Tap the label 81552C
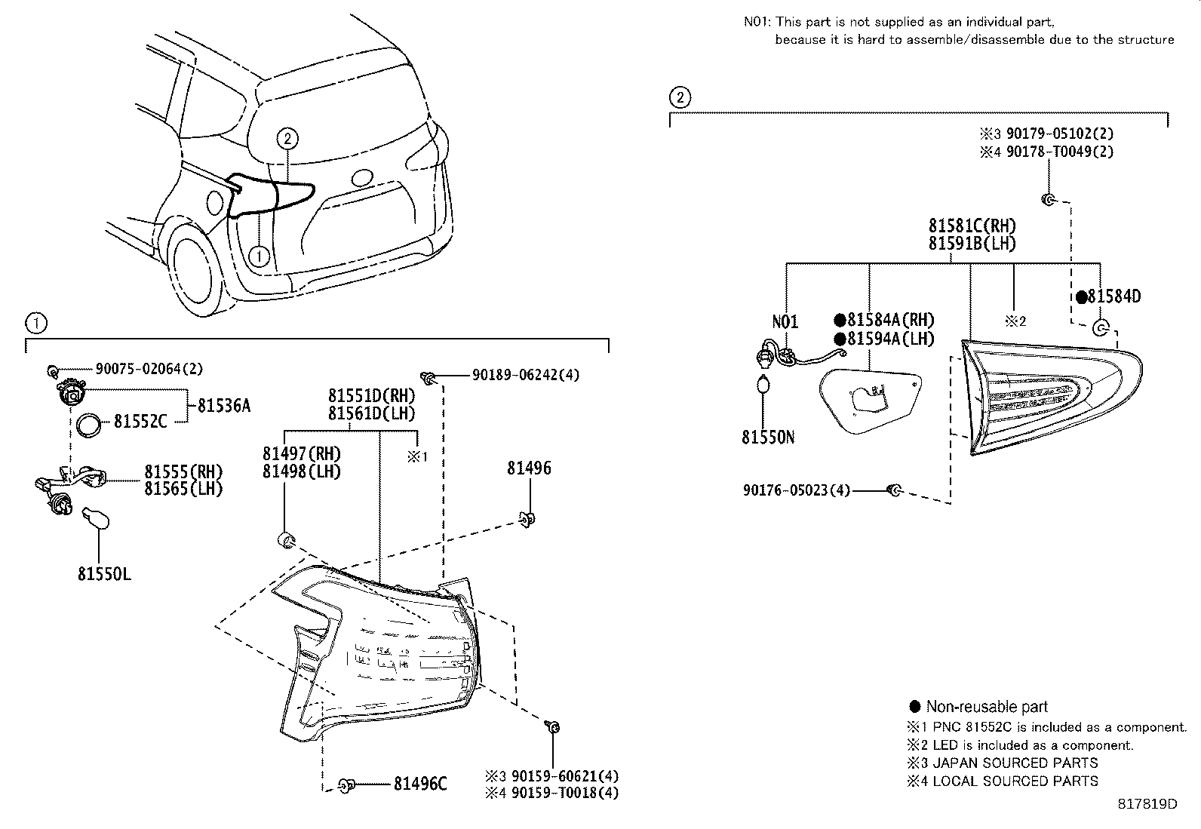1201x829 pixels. click(x=140, y=422)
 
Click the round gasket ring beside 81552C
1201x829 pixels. click(x=90, y=425)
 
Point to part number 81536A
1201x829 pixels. click(x=223, y=406)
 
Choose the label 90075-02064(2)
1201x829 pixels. click(x=149, y=369)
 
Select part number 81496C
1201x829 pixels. click(x=420, y=784)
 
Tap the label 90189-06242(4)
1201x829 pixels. click(x=526, y=375)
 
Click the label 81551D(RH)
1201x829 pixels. click(x=371, y=395)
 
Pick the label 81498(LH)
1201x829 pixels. click(x=301, y=472)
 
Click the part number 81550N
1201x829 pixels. click(x=767, y=438)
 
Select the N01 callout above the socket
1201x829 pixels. click(x=785, y=322)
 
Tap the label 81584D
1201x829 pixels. click(x=1113, y=297)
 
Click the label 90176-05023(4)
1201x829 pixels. click(x=796, y=491)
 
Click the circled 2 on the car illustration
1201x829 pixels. click(x=287, y=138)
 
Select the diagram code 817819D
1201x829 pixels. click(x=1147, y=804)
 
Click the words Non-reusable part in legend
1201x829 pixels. click(x=986, y=707)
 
